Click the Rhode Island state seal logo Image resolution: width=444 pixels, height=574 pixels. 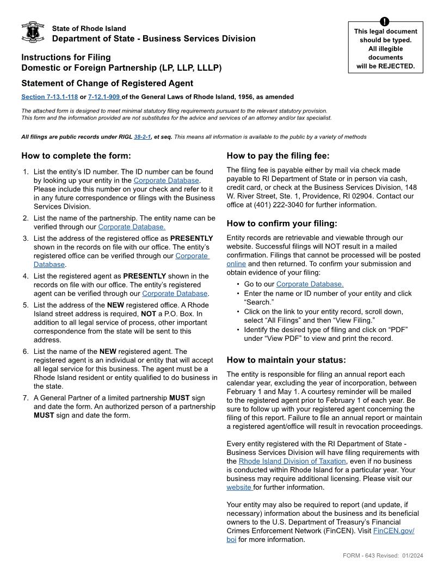(33, 33)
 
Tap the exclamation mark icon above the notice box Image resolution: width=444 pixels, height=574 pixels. (385, 21)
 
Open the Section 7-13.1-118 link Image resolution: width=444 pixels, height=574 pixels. (50, 97)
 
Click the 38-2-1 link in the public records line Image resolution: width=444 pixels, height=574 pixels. (142, 137)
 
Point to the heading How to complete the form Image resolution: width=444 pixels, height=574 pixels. (76, 156)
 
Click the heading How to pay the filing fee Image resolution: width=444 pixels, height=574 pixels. (278, 156)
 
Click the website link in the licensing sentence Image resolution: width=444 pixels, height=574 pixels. (239, 488)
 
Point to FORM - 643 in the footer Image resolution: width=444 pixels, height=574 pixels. (359, 556)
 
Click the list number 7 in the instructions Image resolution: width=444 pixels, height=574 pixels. (26, 398)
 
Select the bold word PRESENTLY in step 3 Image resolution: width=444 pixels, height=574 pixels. (192, 238)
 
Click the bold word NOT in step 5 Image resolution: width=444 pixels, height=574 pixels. (150, 314)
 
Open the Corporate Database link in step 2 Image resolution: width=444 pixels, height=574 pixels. (131, 227)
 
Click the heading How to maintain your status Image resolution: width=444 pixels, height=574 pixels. (286, 360)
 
